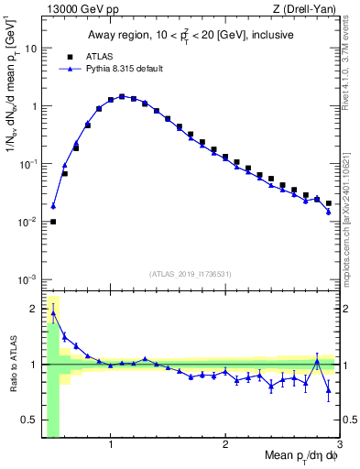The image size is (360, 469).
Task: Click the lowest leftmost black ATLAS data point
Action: click(53, 222)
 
